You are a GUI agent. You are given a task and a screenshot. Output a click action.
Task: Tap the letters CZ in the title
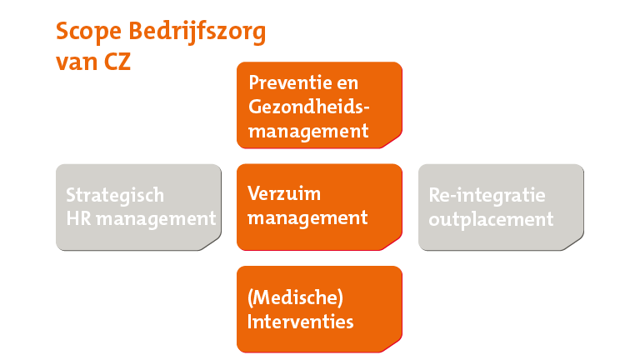[x=116, y=62]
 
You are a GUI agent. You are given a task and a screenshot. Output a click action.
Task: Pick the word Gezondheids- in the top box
[x=308, y=107]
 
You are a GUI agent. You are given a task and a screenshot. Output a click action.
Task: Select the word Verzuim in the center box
[x=284, y=194]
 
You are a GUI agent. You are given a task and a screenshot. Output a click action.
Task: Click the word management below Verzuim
[x=307, y=218]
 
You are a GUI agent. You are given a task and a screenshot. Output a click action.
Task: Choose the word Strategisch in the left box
[x=115, y=196]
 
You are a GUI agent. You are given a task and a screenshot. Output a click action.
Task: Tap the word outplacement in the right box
[x=491, y=219]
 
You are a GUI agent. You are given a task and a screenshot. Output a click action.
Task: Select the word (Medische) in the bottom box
[x=296, y=297]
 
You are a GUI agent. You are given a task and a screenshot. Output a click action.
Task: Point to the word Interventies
[x=301, y=321]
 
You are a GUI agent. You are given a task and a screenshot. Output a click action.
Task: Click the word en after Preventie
[x=358, y=84]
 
